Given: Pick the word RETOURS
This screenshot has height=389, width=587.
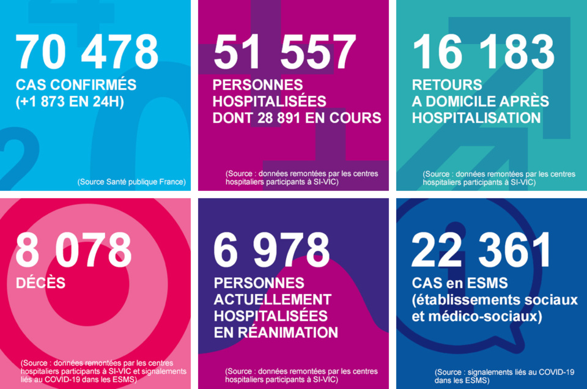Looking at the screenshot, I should [447, 85].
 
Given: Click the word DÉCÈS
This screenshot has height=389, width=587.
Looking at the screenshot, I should [40, 284].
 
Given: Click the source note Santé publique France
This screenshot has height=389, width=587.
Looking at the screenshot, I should [131, 182].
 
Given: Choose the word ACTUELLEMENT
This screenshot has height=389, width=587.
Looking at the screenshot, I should [273, 300].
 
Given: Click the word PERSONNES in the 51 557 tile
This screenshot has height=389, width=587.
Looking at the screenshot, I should [258, 85].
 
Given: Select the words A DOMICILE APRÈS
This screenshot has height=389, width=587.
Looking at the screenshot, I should [481, 101].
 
